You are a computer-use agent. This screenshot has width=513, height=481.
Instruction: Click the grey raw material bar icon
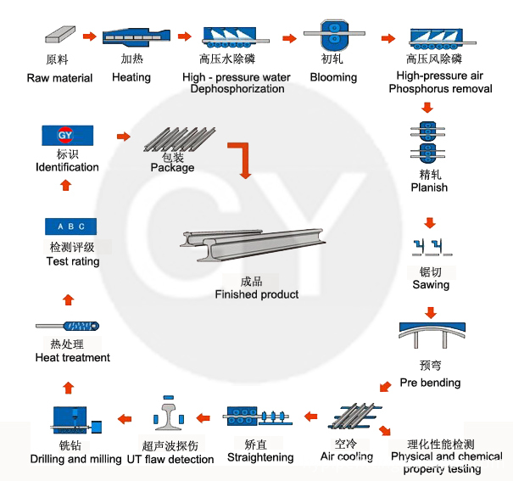pos(60,36)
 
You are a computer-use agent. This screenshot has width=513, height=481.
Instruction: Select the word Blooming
pos(333,77)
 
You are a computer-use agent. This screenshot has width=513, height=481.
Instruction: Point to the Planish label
pos(429,187)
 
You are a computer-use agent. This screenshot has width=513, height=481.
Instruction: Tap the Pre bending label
pos(430,383)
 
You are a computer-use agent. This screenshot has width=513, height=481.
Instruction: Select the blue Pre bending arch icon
pos(432,334)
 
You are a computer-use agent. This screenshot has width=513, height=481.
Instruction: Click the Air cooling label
pos(346,456)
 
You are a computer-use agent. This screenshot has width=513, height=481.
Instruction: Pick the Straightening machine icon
pos(257,417)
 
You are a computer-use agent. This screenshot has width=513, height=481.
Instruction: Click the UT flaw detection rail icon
pos(171,416)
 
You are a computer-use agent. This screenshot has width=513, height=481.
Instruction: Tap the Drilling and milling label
pos(76,459)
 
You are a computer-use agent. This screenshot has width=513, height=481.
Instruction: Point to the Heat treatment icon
pos(69,326)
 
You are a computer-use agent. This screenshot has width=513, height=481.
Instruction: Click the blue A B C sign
pos(70,227)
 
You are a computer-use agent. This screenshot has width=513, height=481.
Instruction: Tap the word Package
pos(172,168)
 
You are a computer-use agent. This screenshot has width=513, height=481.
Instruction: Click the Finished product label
pos(256,294)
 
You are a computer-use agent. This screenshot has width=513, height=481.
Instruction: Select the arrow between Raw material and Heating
pos(90,36)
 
